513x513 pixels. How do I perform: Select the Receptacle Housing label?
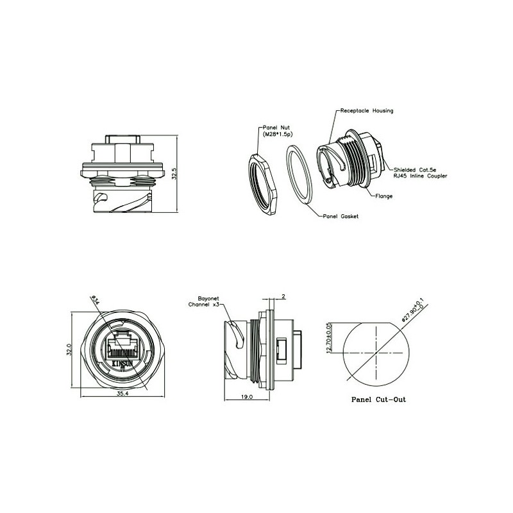pos(367,111)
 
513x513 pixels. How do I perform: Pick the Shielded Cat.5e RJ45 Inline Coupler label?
pos(421,172)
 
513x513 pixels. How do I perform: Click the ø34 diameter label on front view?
pos(94,299)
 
